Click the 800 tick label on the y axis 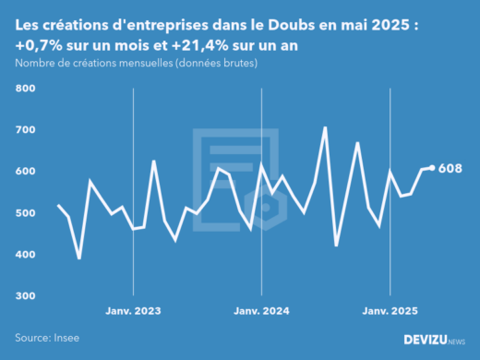coord(24,89)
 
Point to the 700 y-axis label coord(24,130)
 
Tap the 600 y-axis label coord(24,172)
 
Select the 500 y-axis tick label coord(24,213)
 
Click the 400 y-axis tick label coord(24,255)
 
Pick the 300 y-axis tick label coord(24,296)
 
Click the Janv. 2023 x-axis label coord(135,312)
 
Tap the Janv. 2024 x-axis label coord(263,312)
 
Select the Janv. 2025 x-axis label coord(391,312)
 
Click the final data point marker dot coord(432,168)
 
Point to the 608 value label coord(450,168)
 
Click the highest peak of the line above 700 coord(325,127)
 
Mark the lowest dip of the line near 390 coord(79,258)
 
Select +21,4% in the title coord(210,44)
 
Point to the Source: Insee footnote coord(45,339)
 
